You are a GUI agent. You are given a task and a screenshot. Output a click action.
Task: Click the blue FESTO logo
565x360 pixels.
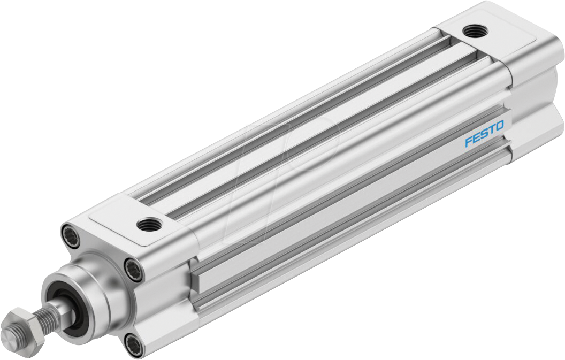tap(484, 134)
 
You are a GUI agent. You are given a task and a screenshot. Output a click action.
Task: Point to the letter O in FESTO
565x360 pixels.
tap(499, 127)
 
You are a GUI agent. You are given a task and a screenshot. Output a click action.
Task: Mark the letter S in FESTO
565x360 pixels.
tap(483, 134)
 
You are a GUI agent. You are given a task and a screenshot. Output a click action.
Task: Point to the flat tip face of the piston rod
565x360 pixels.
tap(9, 336)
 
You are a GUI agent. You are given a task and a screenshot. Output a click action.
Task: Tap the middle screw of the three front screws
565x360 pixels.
tap(134, 269)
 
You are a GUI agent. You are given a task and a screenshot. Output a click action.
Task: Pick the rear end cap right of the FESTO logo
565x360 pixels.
tap(535, 107)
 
